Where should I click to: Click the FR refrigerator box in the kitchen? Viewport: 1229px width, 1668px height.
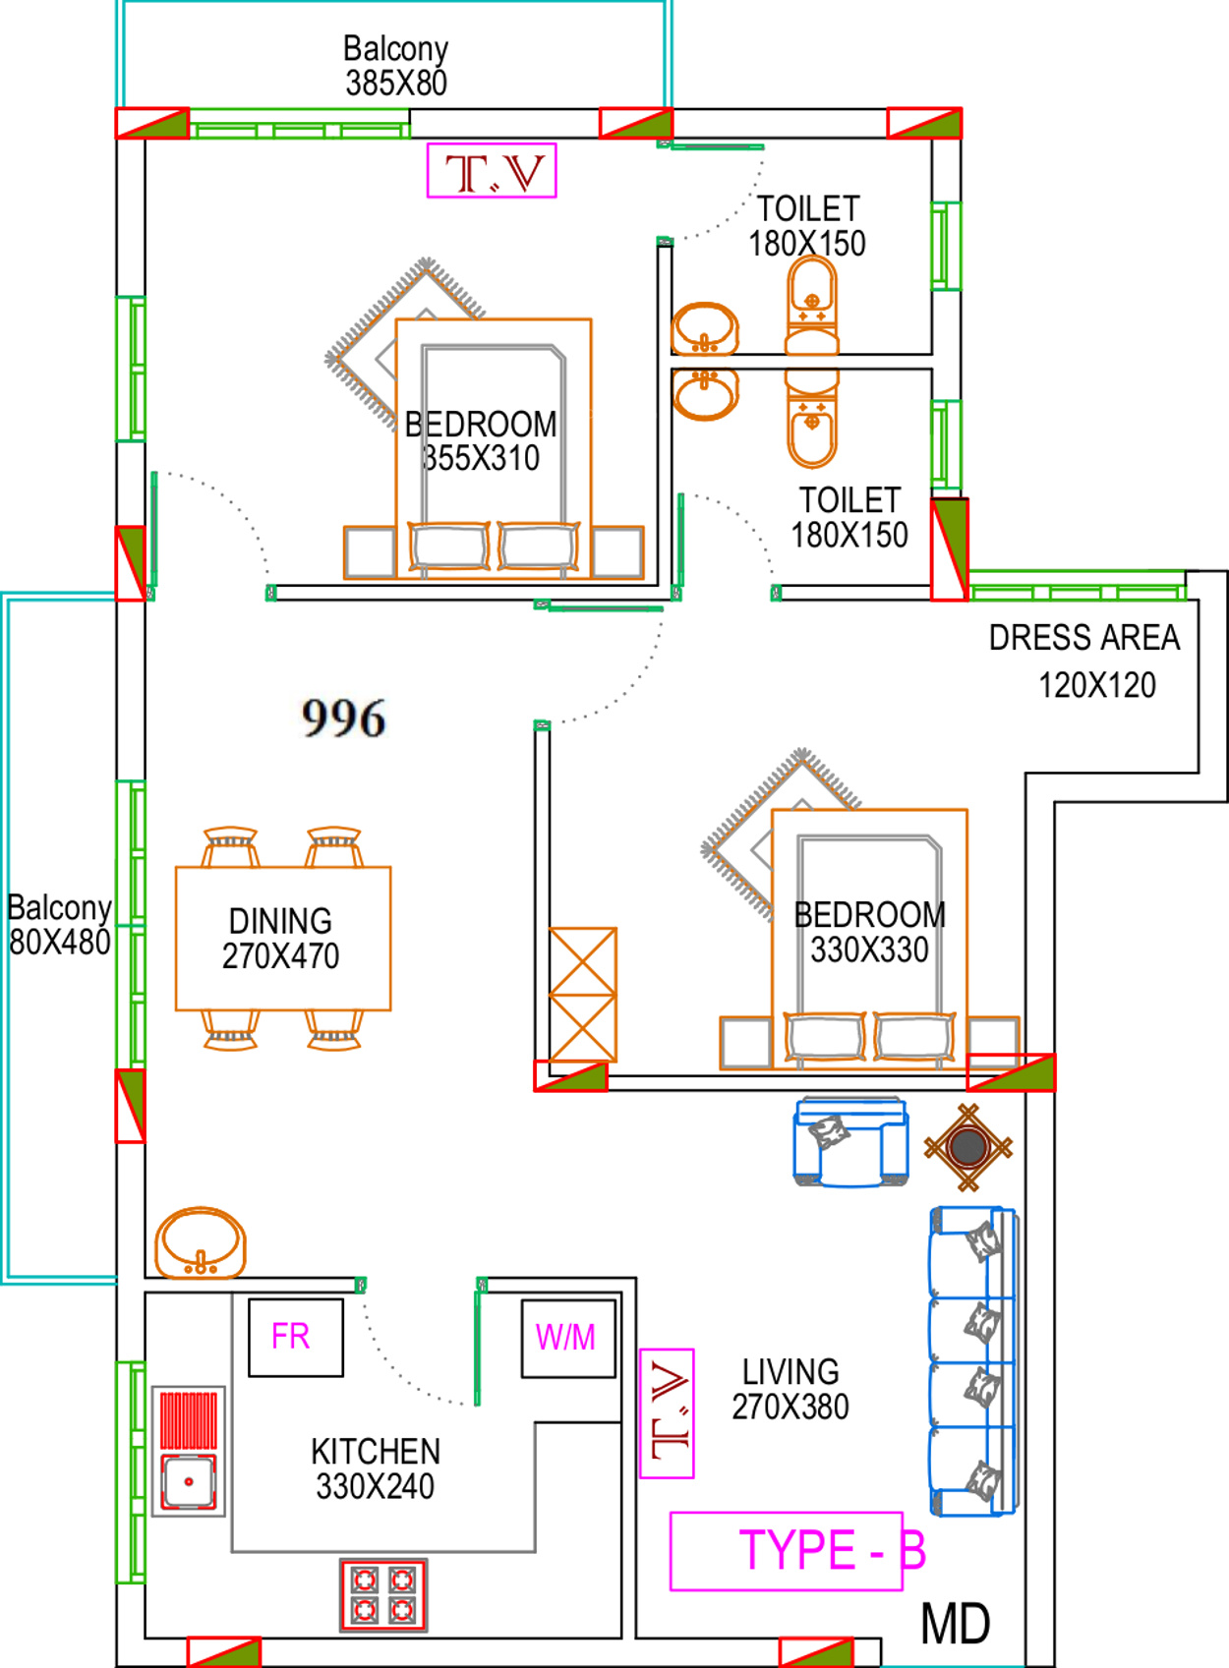[x=296, y=1338]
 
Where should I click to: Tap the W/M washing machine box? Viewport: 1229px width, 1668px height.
[x=568, y=1338]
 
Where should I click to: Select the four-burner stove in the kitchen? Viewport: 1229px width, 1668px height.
[x=383, y=1593]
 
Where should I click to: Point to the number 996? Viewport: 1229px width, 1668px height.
[x=343, y=718]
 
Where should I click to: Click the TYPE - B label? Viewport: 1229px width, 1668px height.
[x=832, y=1550]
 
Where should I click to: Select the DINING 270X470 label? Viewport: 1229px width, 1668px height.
[x=281, y=939]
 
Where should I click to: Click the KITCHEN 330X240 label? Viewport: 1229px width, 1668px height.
[x=376, y=1468]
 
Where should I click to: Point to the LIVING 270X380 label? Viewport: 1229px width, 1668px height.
[x=790, y=1389]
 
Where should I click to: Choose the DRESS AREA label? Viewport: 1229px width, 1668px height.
[x=1084, y=638]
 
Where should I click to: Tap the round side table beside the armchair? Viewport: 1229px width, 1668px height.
[x=967, y=1147]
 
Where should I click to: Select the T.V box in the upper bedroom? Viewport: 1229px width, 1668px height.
[x=492, y=170]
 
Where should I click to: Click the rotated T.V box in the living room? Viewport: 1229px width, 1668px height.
[x=667, y=1413]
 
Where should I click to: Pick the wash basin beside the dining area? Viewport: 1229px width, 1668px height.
[x=201, y=1243]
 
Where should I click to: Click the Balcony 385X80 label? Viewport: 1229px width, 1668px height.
[x=395, y=66]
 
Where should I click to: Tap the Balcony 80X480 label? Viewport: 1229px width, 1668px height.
[x=60, y=925]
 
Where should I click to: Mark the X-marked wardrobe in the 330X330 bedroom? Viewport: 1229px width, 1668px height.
[x=582, y=994]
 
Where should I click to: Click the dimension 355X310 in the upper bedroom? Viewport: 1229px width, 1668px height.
[x=481, y=458]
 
